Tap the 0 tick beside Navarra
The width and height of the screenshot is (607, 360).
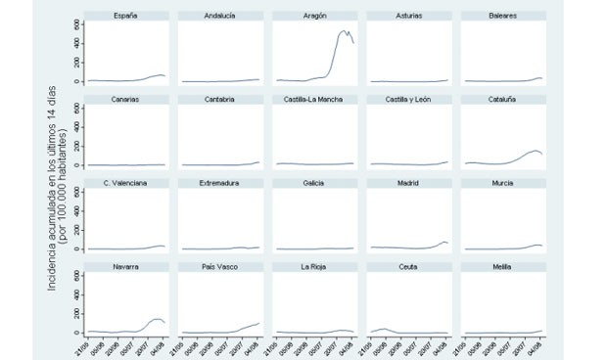76,333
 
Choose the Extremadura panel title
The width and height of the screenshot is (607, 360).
220,183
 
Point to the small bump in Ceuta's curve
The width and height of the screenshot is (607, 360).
384,329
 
